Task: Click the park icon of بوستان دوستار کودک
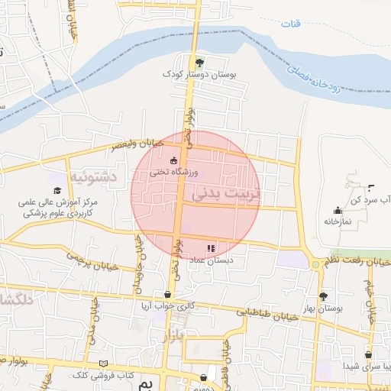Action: coord(199,63)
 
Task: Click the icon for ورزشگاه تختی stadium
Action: coord(173,160)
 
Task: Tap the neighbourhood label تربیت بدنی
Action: coord(226,194)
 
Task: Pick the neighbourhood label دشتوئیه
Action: coord(92,176)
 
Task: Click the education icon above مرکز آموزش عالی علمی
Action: coord(57,189)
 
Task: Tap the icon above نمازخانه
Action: coord(337,210)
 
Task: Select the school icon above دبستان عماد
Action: coord(211,247)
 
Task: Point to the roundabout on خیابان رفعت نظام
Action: coord(315,264)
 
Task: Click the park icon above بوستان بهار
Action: coord(324,296)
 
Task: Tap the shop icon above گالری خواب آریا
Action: coord(168,294)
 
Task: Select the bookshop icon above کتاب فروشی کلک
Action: coord(104,364)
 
